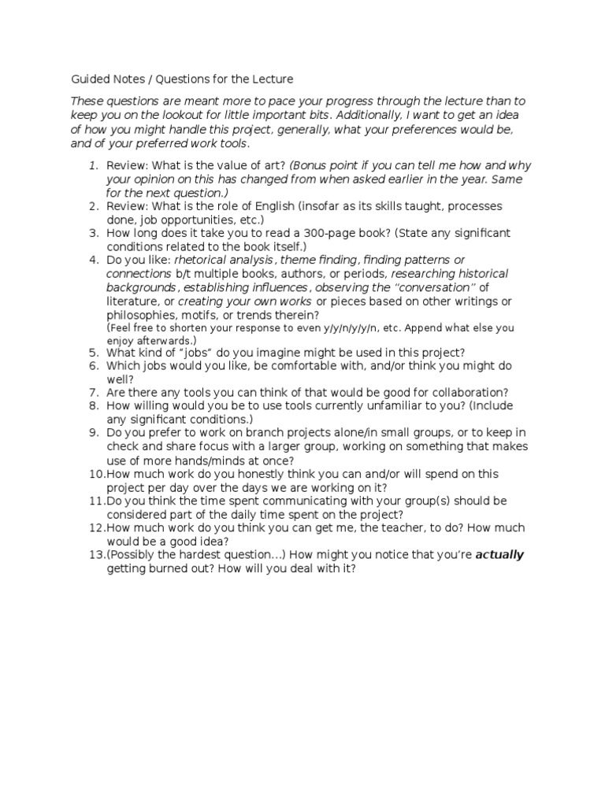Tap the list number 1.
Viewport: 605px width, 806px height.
(93, 165)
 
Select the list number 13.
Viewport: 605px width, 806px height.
(96, 555)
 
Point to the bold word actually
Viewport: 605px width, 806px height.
(499, 555)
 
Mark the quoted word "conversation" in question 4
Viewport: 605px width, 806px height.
(438, 288)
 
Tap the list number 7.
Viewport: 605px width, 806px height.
(93, 392)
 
